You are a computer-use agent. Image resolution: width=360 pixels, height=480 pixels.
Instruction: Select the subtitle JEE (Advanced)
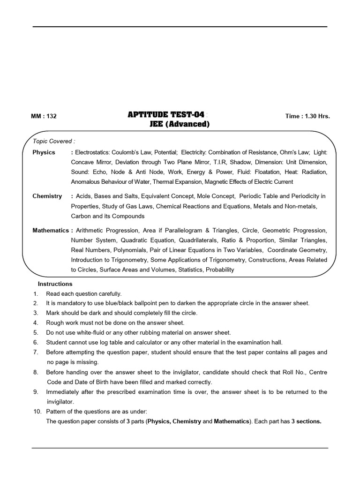pyautogui.click(x=176, y=124)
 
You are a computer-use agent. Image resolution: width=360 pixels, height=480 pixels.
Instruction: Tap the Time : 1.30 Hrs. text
pyautogui.click(x=307, y=116)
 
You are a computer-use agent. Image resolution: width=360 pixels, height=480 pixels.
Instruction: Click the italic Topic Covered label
pyautogui.click(x=54, y=141)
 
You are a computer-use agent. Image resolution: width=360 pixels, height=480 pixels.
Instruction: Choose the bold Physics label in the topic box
pyautogui.click(x=44, y=152)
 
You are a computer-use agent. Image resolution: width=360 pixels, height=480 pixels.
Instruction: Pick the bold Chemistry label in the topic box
pyautogui.click(x=47, y=196)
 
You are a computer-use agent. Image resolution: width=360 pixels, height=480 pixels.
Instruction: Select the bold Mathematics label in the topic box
pyautogui.click(x=51, y=231)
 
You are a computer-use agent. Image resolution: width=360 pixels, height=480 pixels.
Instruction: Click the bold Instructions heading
pyautogui.click(x=55, y=284)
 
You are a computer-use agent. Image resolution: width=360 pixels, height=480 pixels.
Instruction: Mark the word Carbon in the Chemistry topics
pyautogui.click(x=81, y=216)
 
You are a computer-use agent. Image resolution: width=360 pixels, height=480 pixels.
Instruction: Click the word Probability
pyautogui.click(x=219, y=270)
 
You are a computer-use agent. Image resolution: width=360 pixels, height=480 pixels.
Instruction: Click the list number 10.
pyautogui.click(x=37, y=411)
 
